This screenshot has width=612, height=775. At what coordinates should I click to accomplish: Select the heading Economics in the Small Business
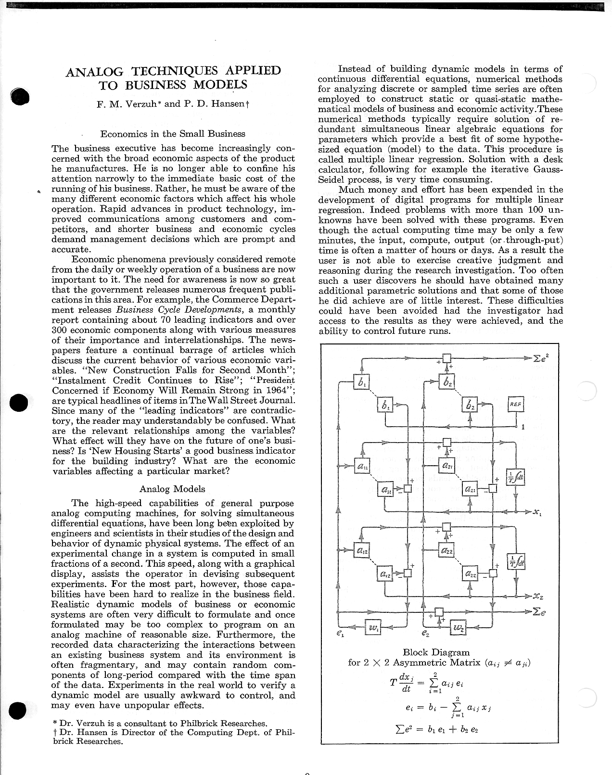[x=173, y=134]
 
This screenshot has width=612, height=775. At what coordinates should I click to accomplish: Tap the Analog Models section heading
[x=172, y=489]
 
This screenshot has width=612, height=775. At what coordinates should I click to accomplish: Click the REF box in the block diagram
[x=515, y=405]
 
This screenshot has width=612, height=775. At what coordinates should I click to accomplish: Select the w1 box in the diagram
[x=373, y=627]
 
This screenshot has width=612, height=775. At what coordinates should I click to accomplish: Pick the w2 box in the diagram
[x=458, y=627]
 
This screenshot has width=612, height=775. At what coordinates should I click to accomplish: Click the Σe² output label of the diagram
[x=540, y=358]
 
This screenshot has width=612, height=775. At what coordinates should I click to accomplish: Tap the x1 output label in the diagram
[x=537, y=511]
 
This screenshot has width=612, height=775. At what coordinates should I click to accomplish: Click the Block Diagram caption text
[x=436, y=653]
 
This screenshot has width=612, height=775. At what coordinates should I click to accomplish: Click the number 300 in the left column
[x=60, y=330]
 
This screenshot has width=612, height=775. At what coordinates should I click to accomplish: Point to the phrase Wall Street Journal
[x=250, y=400]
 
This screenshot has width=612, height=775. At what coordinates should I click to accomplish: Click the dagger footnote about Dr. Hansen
[x=173, y=737]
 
